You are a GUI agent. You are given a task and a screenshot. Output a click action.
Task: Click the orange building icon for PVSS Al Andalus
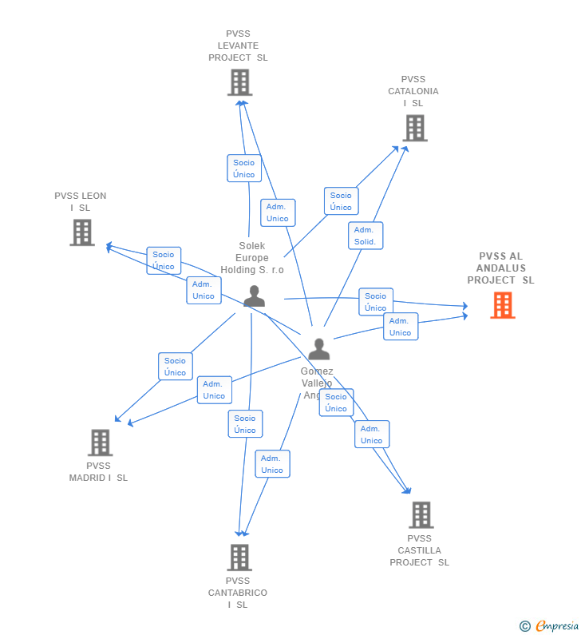[502, 305]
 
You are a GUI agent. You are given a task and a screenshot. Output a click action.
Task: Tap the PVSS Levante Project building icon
[239, 82]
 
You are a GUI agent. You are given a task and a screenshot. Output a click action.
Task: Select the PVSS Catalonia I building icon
[414, 128]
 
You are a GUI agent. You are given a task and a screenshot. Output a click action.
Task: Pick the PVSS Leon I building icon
[82, 232]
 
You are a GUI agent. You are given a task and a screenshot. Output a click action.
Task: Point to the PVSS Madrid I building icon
[100, 443]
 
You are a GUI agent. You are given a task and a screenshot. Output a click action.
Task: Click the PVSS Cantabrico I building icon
[239, 558]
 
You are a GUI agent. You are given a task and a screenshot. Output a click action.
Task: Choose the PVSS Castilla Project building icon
[421, 515]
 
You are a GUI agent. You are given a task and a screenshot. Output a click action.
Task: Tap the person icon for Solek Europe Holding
[254, 296]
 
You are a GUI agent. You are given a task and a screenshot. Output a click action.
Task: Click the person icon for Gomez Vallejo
[318, 350]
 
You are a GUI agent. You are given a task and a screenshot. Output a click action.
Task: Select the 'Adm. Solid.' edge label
[366, 236]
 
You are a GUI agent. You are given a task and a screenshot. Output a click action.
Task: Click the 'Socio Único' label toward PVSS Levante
[244, 169]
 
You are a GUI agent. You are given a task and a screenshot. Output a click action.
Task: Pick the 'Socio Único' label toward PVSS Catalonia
[341, 201]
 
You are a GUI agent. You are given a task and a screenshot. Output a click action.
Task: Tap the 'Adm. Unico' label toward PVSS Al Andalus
[400, 327]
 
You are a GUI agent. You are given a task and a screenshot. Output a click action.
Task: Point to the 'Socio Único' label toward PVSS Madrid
[176, 367]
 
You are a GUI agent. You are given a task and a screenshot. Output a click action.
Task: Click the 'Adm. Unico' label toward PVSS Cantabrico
[272, 464]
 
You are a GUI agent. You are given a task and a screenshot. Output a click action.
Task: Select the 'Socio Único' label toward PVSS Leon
[164, 260]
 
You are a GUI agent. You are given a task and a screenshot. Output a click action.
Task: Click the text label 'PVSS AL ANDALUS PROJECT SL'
[500, 268]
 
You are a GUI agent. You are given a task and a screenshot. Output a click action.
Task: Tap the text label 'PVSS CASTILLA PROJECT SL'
[419, 550]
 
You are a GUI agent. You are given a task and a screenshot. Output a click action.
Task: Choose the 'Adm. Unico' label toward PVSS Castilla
[372, 435]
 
